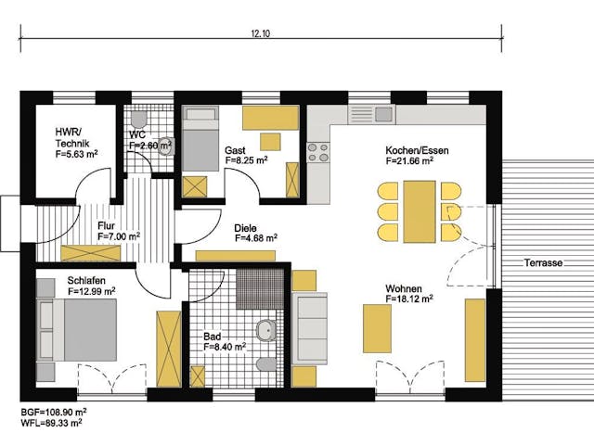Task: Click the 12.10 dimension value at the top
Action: pyautogui.click(x=260, y=33)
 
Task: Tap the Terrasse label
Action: pyautogui.click(x=543, y=263)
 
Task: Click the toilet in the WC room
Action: pyautogui.click(x=138, y=120)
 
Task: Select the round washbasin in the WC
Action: pyautogui.click(x=165, y=146)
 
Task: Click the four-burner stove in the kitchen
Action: pyautogui.click(x=318, y=152)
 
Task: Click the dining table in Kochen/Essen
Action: pyautogui.click(x=420, y=211)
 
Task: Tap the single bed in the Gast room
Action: pyautogui.click(x=200, y=138)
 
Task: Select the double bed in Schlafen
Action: pyautogui.click(x=77, y=330)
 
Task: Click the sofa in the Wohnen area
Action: pyautogui.click(x=310, y=328)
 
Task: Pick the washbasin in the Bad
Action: pyautogui.click(x=266, y=331)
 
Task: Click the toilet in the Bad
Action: pyautogui.click(x=266, y=364)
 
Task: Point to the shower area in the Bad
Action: pyautogui.click(x=260, y=288)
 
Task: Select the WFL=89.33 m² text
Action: pyautogui.click(x=52, y=423)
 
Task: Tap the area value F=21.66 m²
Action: pyautogui.click(x=409, y=160)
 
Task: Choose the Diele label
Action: pyautogui.click(x=245, y=228)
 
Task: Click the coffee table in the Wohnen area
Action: pyautogui.click(x=378, y=328)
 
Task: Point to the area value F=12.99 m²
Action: pyautogui.click(x=92, y=291)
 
